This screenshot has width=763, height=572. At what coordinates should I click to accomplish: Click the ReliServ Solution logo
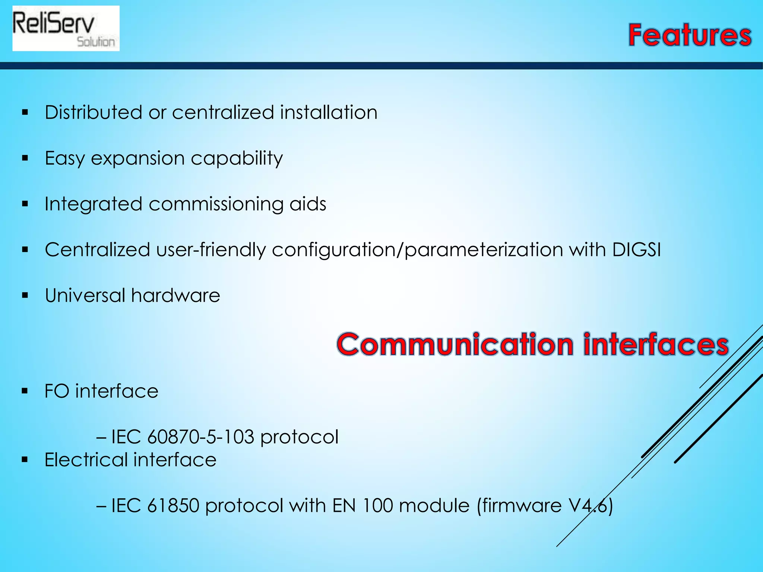(66, 28)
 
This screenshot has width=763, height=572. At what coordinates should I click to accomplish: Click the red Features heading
(690, 35)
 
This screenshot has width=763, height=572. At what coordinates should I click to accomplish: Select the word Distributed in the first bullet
(94, 112)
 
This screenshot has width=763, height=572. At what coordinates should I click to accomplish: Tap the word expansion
(138, 159)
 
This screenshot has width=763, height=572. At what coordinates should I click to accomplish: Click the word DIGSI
(636, 250)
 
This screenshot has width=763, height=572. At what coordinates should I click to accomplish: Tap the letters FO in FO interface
(57, 391)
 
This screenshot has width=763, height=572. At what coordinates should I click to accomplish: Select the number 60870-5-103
(201, 437)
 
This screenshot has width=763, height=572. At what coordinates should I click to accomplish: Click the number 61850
(173, 506)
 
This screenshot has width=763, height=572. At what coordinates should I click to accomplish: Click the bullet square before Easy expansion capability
(25, 158)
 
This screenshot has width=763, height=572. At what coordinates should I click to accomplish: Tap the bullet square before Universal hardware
(25, 296)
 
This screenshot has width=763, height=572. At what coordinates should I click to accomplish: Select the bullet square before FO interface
(25, 391)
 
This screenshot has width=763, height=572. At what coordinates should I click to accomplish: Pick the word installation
(329, 112)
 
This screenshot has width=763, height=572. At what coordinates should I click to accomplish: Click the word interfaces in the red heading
(656, 344)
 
